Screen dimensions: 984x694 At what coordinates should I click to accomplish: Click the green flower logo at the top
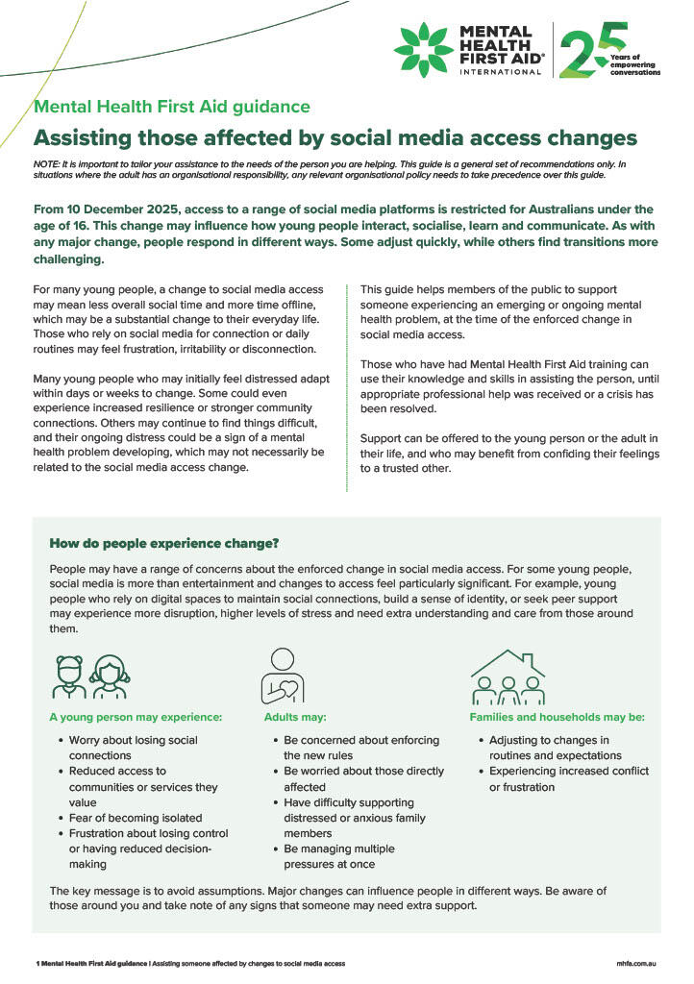coord(422,50)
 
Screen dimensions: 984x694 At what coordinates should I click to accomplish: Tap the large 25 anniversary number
coord(589,50)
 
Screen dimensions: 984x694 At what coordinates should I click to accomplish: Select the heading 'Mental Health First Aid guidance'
coord(172,108)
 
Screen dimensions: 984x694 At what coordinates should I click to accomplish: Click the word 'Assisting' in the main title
coord(85,137)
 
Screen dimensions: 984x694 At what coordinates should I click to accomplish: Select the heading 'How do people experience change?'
coord(164,543)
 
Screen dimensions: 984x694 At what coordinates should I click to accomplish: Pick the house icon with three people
coord(508,676)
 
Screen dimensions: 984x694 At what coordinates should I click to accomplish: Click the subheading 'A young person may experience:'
coord(136,717)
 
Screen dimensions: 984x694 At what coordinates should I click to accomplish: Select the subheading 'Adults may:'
coord(295,717)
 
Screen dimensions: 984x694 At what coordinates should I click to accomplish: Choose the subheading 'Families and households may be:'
coord(557,717)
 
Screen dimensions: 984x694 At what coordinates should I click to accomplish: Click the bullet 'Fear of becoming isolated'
coord(135,818)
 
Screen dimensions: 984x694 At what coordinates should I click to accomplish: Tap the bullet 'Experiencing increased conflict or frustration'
coord(568,779)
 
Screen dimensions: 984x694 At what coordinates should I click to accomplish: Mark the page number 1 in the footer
coord(36,963)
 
